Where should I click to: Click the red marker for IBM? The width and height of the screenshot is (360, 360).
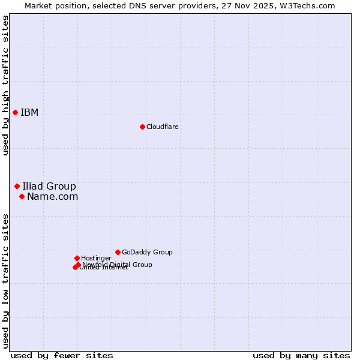tap(15, 112)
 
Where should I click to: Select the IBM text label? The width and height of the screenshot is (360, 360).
tap(29, 113)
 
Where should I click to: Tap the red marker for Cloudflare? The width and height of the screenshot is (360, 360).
tap(142, 127)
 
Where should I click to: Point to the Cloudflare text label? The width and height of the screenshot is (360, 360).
tap(162, 127)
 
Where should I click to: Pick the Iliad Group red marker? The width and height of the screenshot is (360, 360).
tap(17, 186)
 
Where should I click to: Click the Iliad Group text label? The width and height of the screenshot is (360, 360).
tap(49, 186)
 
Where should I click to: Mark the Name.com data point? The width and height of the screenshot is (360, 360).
tap(22, 196)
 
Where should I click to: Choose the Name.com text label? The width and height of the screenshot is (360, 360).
tap(52, 196)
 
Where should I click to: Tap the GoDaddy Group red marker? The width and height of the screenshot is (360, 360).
tap(118, 252)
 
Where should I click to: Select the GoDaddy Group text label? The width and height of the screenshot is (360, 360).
tap(147, 252)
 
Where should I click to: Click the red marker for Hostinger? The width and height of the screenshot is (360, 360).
tap(77, 258)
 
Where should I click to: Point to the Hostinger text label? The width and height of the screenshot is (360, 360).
tap(96, 258)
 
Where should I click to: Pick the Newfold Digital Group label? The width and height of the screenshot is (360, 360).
tap(118, 265)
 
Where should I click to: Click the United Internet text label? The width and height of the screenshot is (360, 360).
tap(104, 268)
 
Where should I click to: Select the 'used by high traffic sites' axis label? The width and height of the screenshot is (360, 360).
tap(6, 85)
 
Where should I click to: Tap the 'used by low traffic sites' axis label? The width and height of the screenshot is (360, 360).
tap(6, 281)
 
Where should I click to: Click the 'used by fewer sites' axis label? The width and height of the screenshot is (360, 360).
tap(62, 355)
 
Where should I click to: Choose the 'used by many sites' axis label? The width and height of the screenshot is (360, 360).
tap(301, 355)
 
